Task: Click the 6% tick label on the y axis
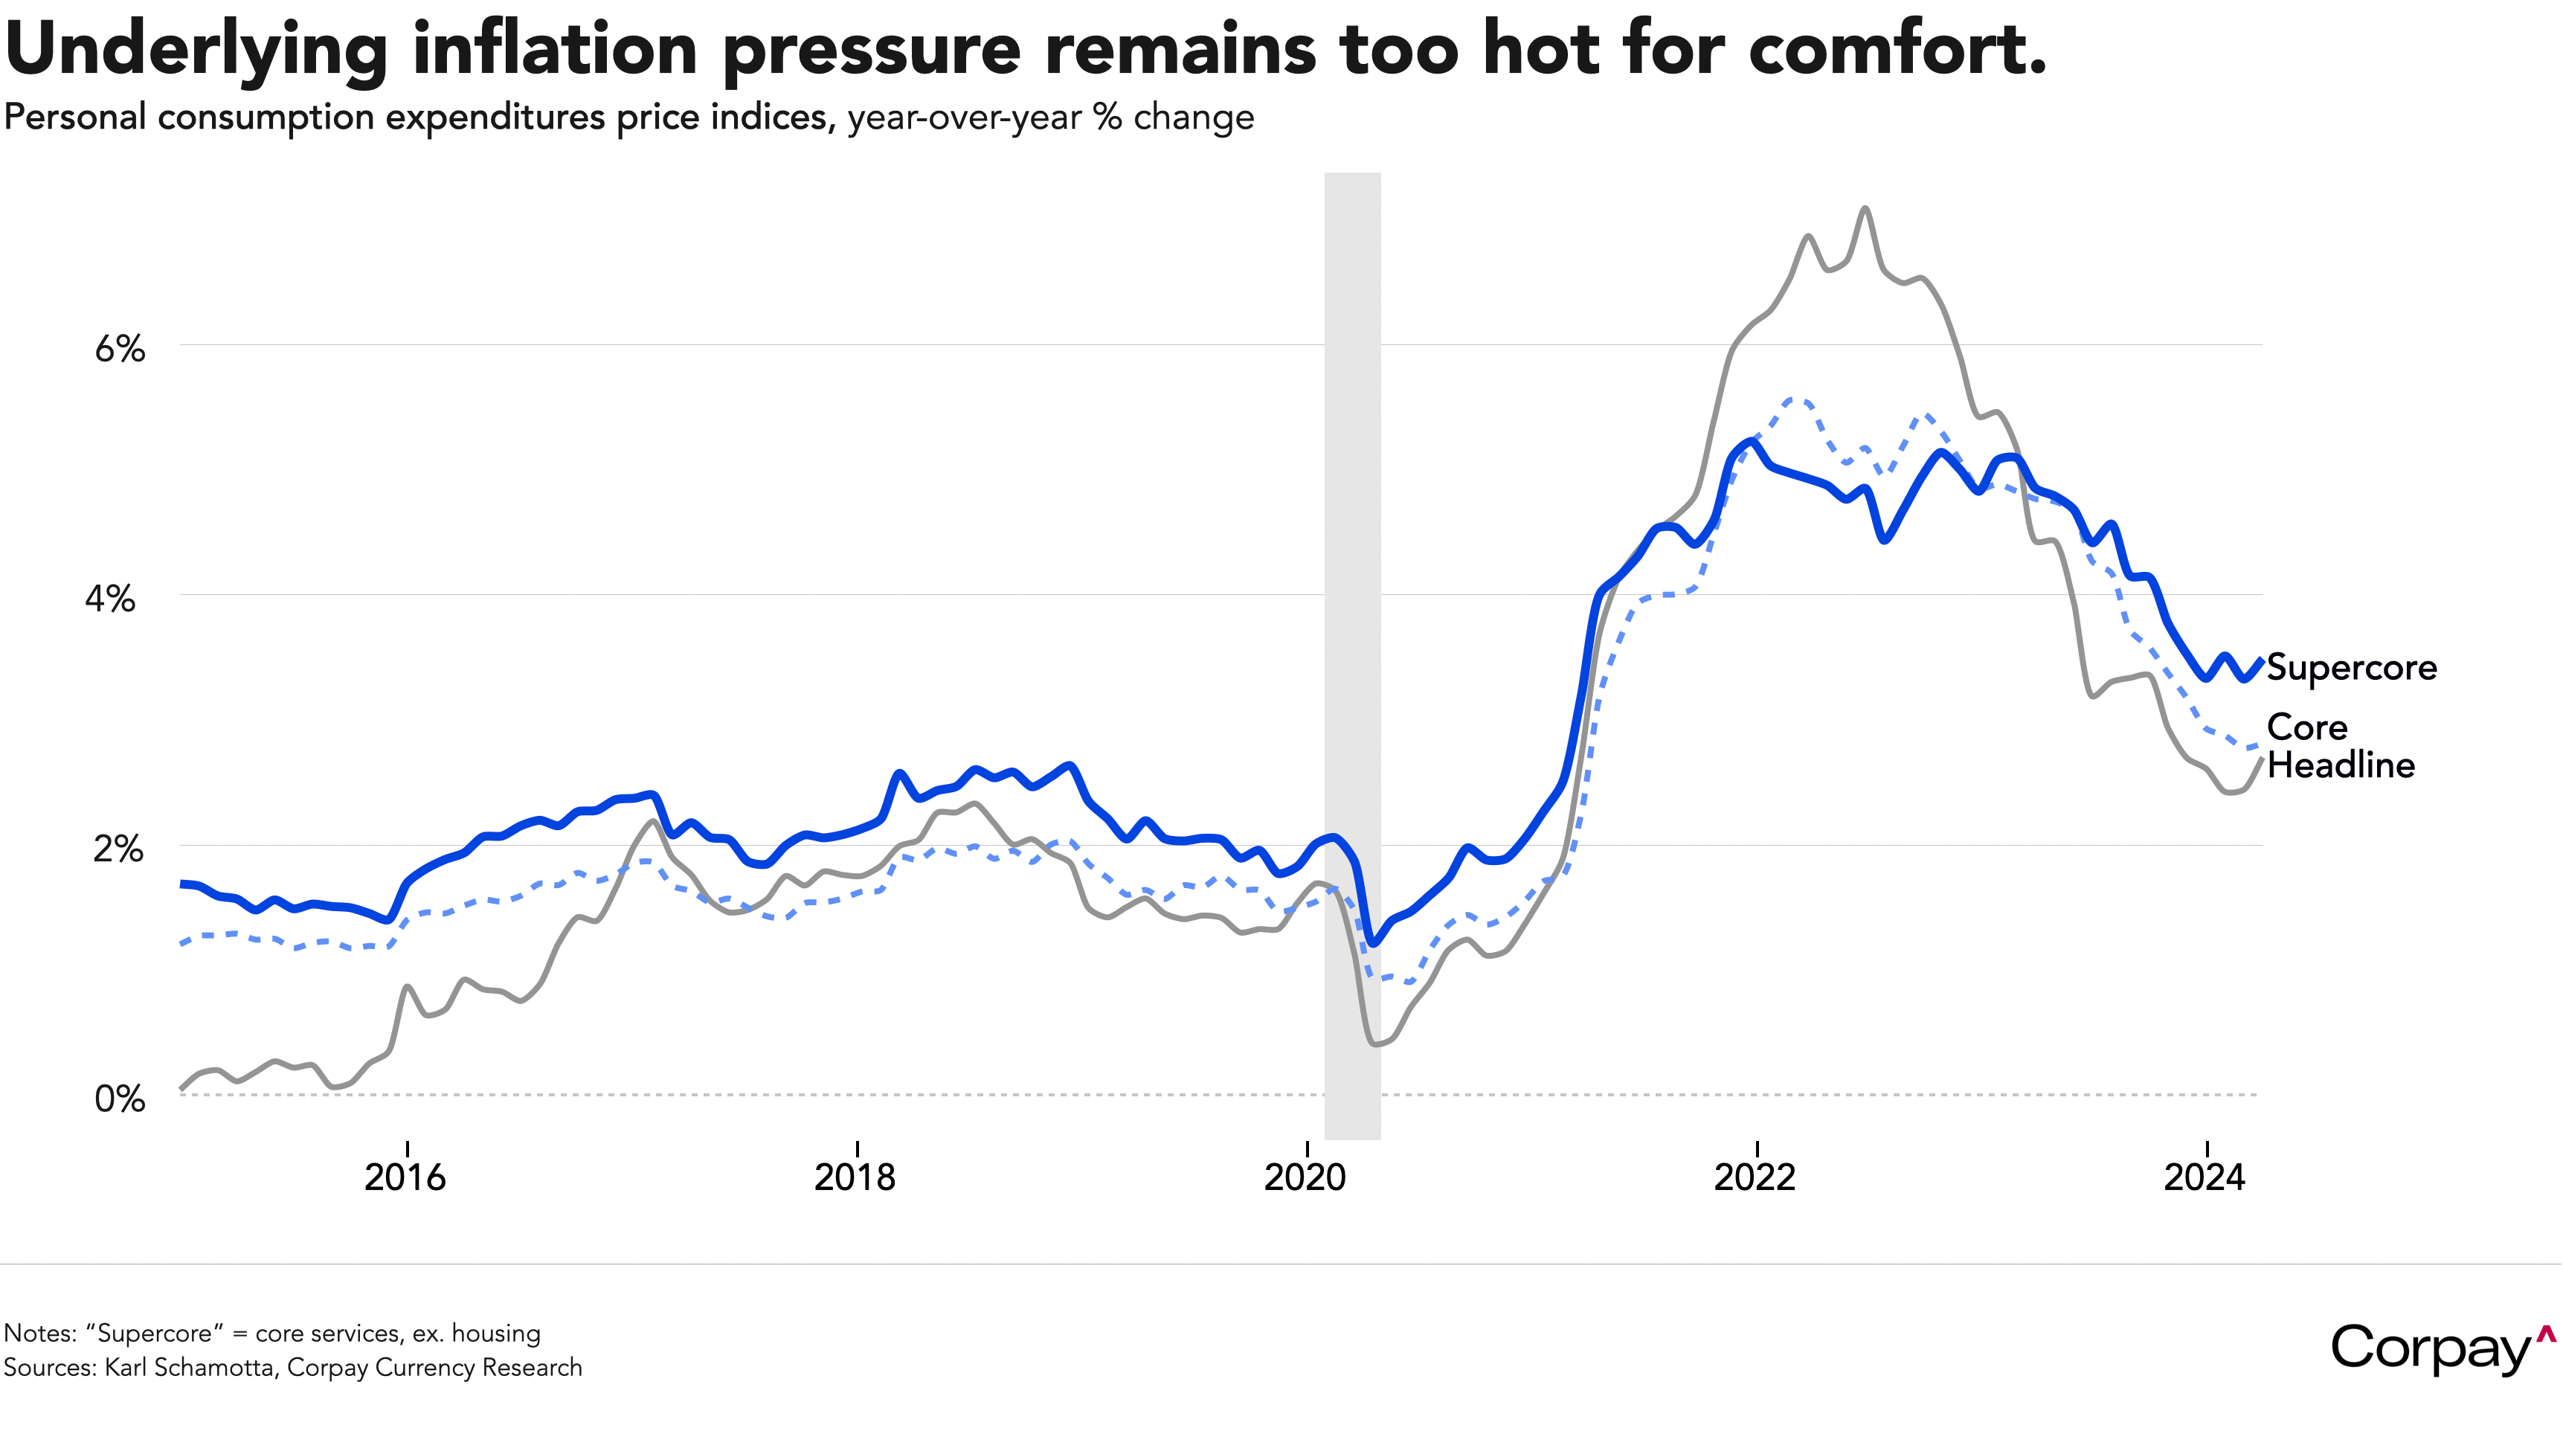(x=120, y=350)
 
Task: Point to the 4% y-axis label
(x=110, y=599)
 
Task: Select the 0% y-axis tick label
(x=120, y=1099)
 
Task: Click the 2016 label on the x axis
(x=405, y=1177)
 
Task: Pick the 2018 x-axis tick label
(x=855, y=1177)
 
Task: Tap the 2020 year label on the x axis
(x=1305, y=1177)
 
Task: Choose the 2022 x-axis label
(x=1755, y=1177)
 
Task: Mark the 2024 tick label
(x=2205, y=1177)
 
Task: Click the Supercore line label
(x=2351, y=668)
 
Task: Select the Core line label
(x=2306, y=727)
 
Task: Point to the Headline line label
(x=2340, y=765)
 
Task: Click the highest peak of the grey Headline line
(x=1865, y=209)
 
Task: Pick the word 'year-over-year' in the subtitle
(x=964, y=118)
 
